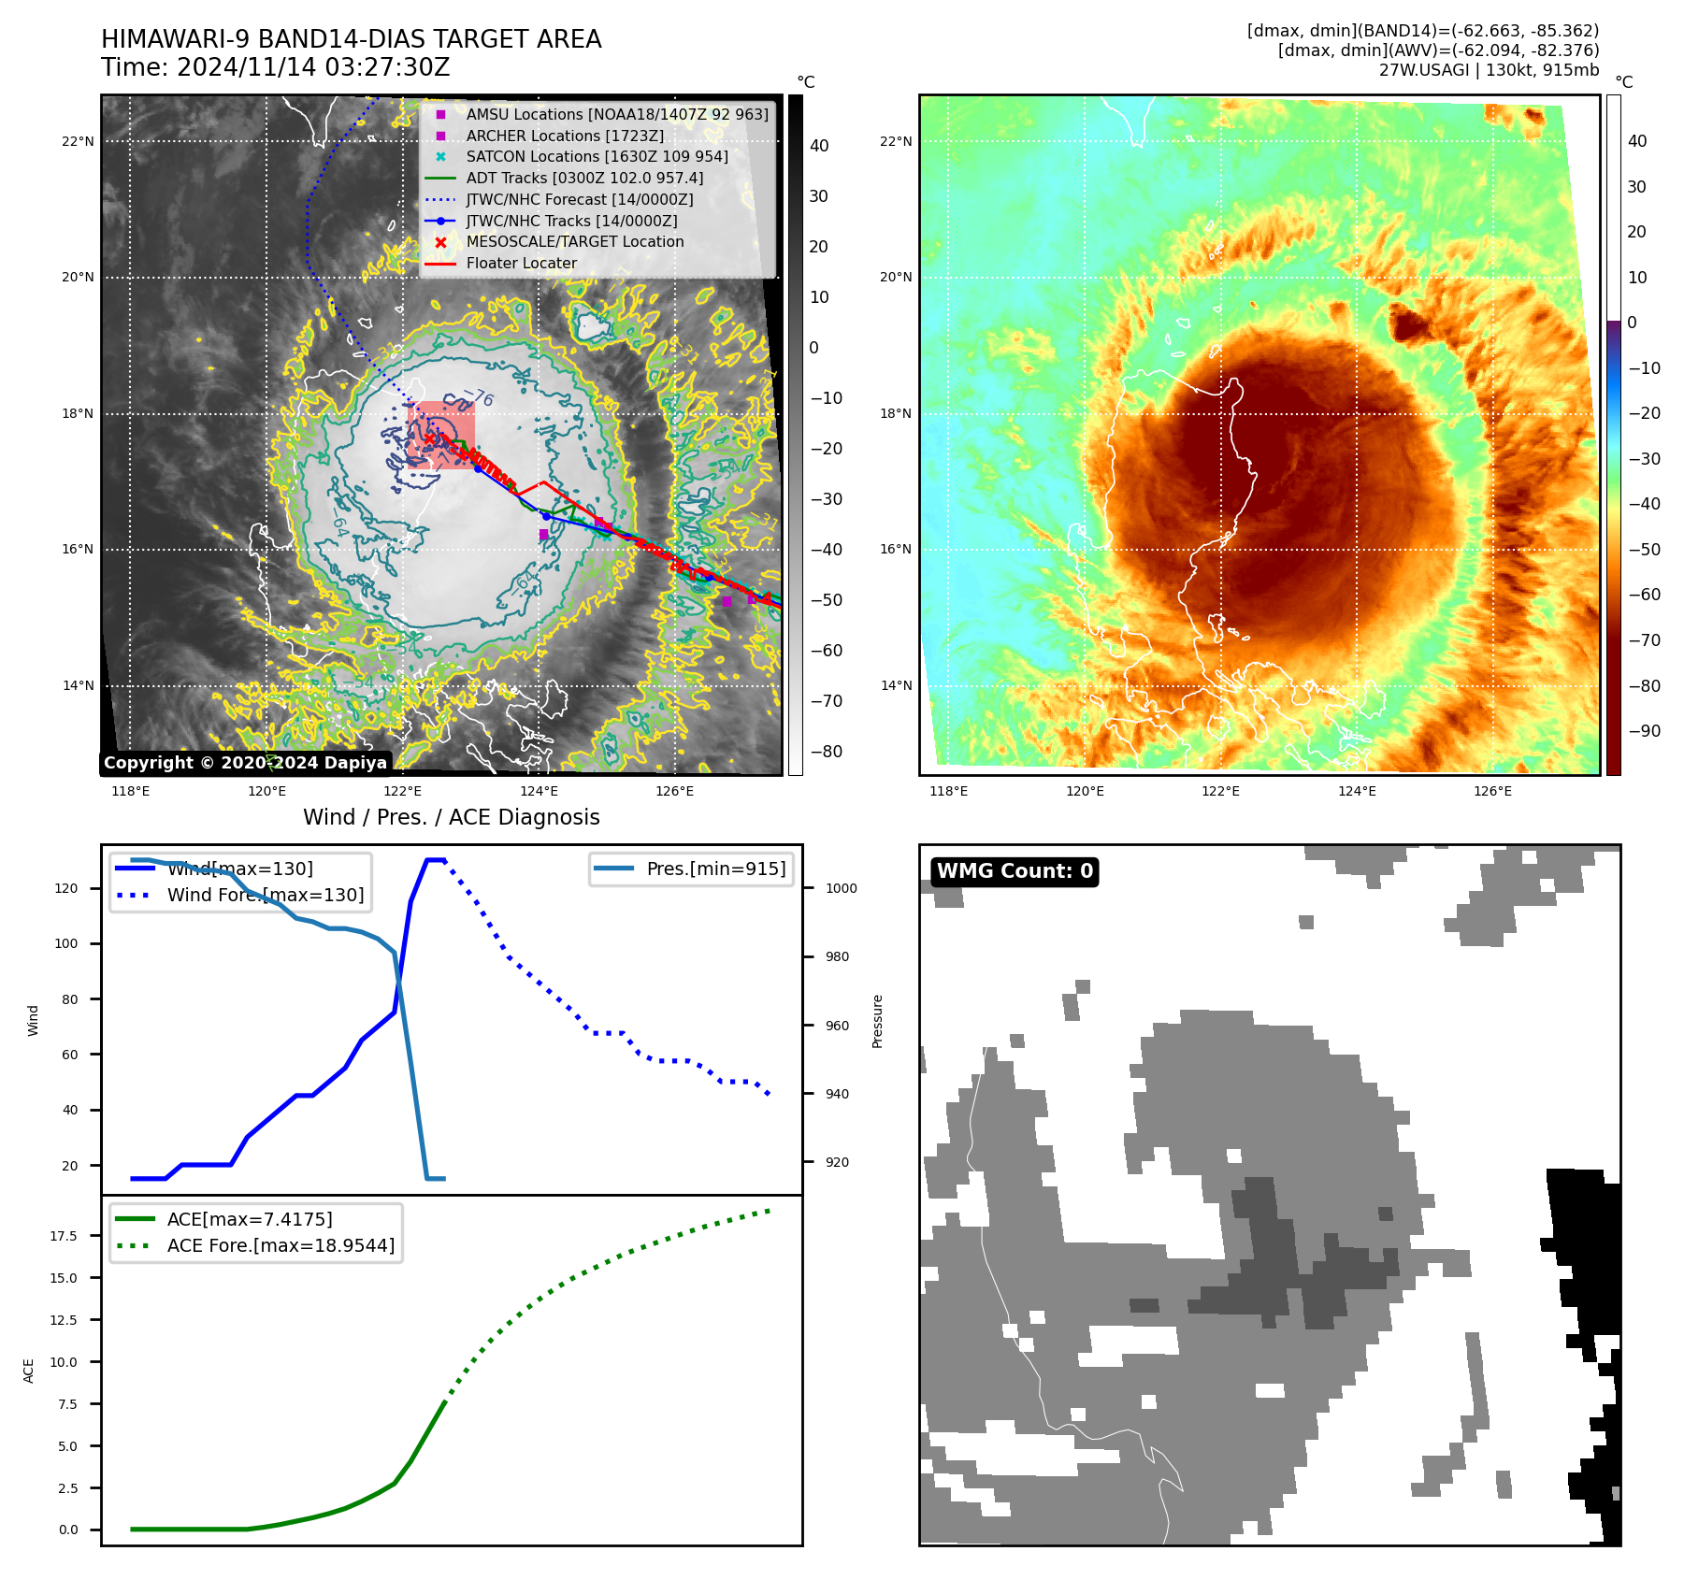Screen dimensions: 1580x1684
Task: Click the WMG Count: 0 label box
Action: [1015, 871]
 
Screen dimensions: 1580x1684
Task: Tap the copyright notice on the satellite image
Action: [245, 763]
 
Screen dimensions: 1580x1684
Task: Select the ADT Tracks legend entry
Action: [584, 178]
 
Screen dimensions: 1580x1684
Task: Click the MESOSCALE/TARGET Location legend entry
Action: [575, 241]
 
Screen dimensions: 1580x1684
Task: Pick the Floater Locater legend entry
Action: [521, 263]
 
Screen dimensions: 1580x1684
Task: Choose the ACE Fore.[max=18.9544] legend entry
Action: [281, 1245]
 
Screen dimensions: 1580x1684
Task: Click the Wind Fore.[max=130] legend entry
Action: [265, 895]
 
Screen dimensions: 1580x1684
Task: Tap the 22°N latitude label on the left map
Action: [78, 142]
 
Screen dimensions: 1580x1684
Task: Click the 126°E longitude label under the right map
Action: [1492, 791]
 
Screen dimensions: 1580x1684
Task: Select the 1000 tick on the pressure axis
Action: [841, 888]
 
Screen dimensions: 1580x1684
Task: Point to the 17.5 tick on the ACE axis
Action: [64, 1236]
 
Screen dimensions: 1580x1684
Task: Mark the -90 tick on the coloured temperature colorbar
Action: [1644, 731]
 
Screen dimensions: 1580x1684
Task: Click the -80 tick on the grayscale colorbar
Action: [826, 752]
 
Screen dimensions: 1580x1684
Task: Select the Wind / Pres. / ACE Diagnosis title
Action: [451, 817]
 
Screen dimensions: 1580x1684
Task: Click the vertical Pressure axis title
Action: [877, 1021]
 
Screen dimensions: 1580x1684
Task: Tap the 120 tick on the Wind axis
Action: [66, 888]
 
